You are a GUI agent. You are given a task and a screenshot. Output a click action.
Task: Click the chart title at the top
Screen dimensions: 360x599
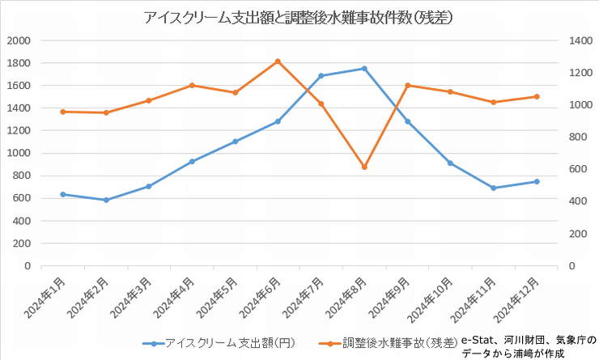pyautogui.click(x=299, y=17)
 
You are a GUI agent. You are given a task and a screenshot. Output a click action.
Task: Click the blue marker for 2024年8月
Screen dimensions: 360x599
pyautogui.click(x=364, y=69)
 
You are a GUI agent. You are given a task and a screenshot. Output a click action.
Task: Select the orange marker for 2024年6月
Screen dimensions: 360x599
pyautogui.click(x=278, y=61)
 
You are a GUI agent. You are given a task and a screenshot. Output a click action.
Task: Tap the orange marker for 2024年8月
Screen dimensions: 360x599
pyautogui.click(x=364, y=167)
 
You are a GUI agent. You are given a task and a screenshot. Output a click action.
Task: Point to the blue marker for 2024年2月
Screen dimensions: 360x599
pyautogui.click(x=106, y=200)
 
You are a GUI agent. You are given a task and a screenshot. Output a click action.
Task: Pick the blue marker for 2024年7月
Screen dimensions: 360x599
pyautogui.click(x=321, y=76)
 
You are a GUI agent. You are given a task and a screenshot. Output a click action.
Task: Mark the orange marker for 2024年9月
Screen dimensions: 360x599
pyautogui.click(x=407, y=85)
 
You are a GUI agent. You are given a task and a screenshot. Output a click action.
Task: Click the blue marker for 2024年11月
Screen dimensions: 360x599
pyautogui.click(x=494, y=188)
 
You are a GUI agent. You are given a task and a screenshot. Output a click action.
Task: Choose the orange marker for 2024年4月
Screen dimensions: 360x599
pyautogui.click(x=192, y=85)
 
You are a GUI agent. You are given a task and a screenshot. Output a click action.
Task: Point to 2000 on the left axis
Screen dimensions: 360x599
pyautogui.click(x=18, y=40)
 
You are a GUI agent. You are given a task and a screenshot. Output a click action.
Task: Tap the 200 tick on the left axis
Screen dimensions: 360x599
pyautogui.click(x=21, y=244)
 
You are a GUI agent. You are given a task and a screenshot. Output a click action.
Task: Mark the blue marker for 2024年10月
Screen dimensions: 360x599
pyautogui.click(x=450, y=163)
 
